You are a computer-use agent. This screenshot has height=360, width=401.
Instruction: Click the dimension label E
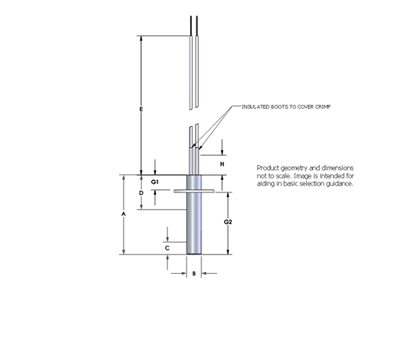[x=141, y=109]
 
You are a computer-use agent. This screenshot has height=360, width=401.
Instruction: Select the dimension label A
[x=124, y=214]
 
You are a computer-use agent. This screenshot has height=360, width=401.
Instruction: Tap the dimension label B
[x=194, y=274]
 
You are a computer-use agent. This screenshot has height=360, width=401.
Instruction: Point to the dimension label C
[x=168, y=248]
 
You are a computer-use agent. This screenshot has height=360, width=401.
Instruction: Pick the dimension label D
[x=141, y=193]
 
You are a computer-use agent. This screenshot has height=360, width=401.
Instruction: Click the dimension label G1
[x=155, y=182]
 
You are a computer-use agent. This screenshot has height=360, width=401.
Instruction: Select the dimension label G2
[x=228, y=222]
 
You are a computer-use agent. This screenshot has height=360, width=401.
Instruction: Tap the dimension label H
[x=222, y=164]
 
